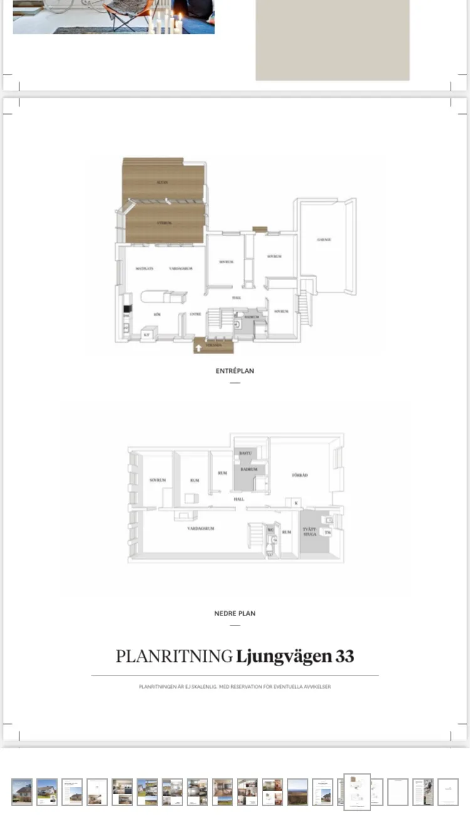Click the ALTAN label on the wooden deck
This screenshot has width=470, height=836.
[162, 182]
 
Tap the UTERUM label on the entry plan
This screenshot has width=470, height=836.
[164, 223]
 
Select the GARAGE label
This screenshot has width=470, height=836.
[324, 240]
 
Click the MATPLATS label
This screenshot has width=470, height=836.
[145, 269]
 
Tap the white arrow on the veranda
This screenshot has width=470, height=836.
[199, 348]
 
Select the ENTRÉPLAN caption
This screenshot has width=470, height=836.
[235, 371]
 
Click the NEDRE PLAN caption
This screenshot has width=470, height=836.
[235, 614]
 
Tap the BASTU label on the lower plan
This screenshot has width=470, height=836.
[245, 453]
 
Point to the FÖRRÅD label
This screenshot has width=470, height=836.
[300, 476]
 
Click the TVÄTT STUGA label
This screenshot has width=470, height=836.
[309, 532]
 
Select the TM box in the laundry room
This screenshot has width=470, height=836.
[327, 532]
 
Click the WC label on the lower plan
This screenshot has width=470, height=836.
[271, 530]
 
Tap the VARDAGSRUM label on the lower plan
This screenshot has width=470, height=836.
[201, 529]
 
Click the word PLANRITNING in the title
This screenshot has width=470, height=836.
[174, 657]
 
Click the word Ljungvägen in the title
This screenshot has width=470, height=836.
[284, 657]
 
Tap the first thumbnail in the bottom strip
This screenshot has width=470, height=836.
[22, 792]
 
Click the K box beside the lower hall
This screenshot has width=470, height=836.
[296, 503]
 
